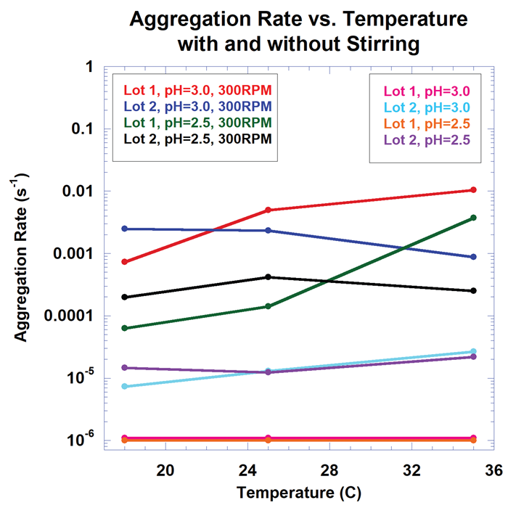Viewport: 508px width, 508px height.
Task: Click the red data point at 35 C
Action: tap(474, 190)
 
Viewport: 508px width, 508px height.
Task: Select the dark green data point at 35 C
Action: tap(474, 218)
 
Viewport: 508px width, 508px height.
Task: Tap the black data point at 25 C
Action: tap(269, 277)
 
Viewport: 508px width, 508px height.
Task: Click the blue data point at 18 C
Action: tap(125, 229)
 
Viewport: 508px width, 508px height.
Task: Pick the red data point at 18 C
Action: tap(125, 261)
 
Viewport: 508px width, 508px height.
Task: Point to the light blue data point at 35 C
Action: tap(474, 351)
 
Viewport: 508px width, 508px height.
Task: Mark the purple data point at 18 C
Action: tap(125, 367)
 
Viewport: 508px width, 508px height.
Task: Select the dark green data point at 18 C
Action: tap(125, 328)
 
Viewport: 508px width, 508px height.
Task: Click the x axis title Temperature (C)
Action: tap(299, 493)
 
